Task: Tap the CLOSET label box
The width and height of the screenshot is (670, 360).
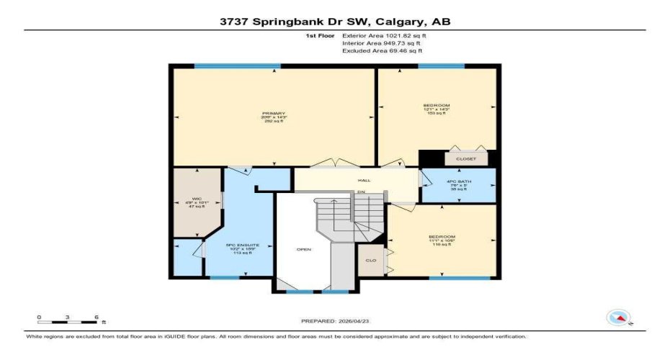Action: pos(460,158)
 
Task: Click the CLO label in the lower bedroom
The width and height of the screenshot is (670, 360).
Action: pos(371,260)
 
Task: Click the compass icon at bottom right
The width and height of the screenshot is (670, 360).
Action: pos(618,317)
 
